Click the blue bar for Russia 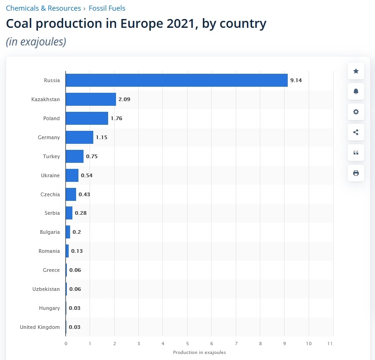176,80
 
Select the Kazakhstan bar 91,99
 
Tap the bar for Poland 87,118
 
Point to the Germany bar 79,137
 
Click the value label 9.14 296,80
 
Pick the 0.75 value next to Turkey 92,156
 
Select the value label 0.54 87,175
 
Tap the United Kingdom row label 40,327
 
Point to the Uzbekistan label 46,289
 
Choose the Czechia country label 50,194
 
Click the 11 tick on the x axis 330,343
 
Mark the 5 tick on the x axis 187,343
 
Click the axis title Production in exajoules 200,353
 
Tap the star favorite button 356,71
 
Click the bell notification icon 356,91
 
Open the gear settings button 356,112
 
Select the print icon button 356,173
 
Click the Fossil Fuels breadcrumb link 107,8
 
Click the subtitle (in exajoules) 36,42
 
